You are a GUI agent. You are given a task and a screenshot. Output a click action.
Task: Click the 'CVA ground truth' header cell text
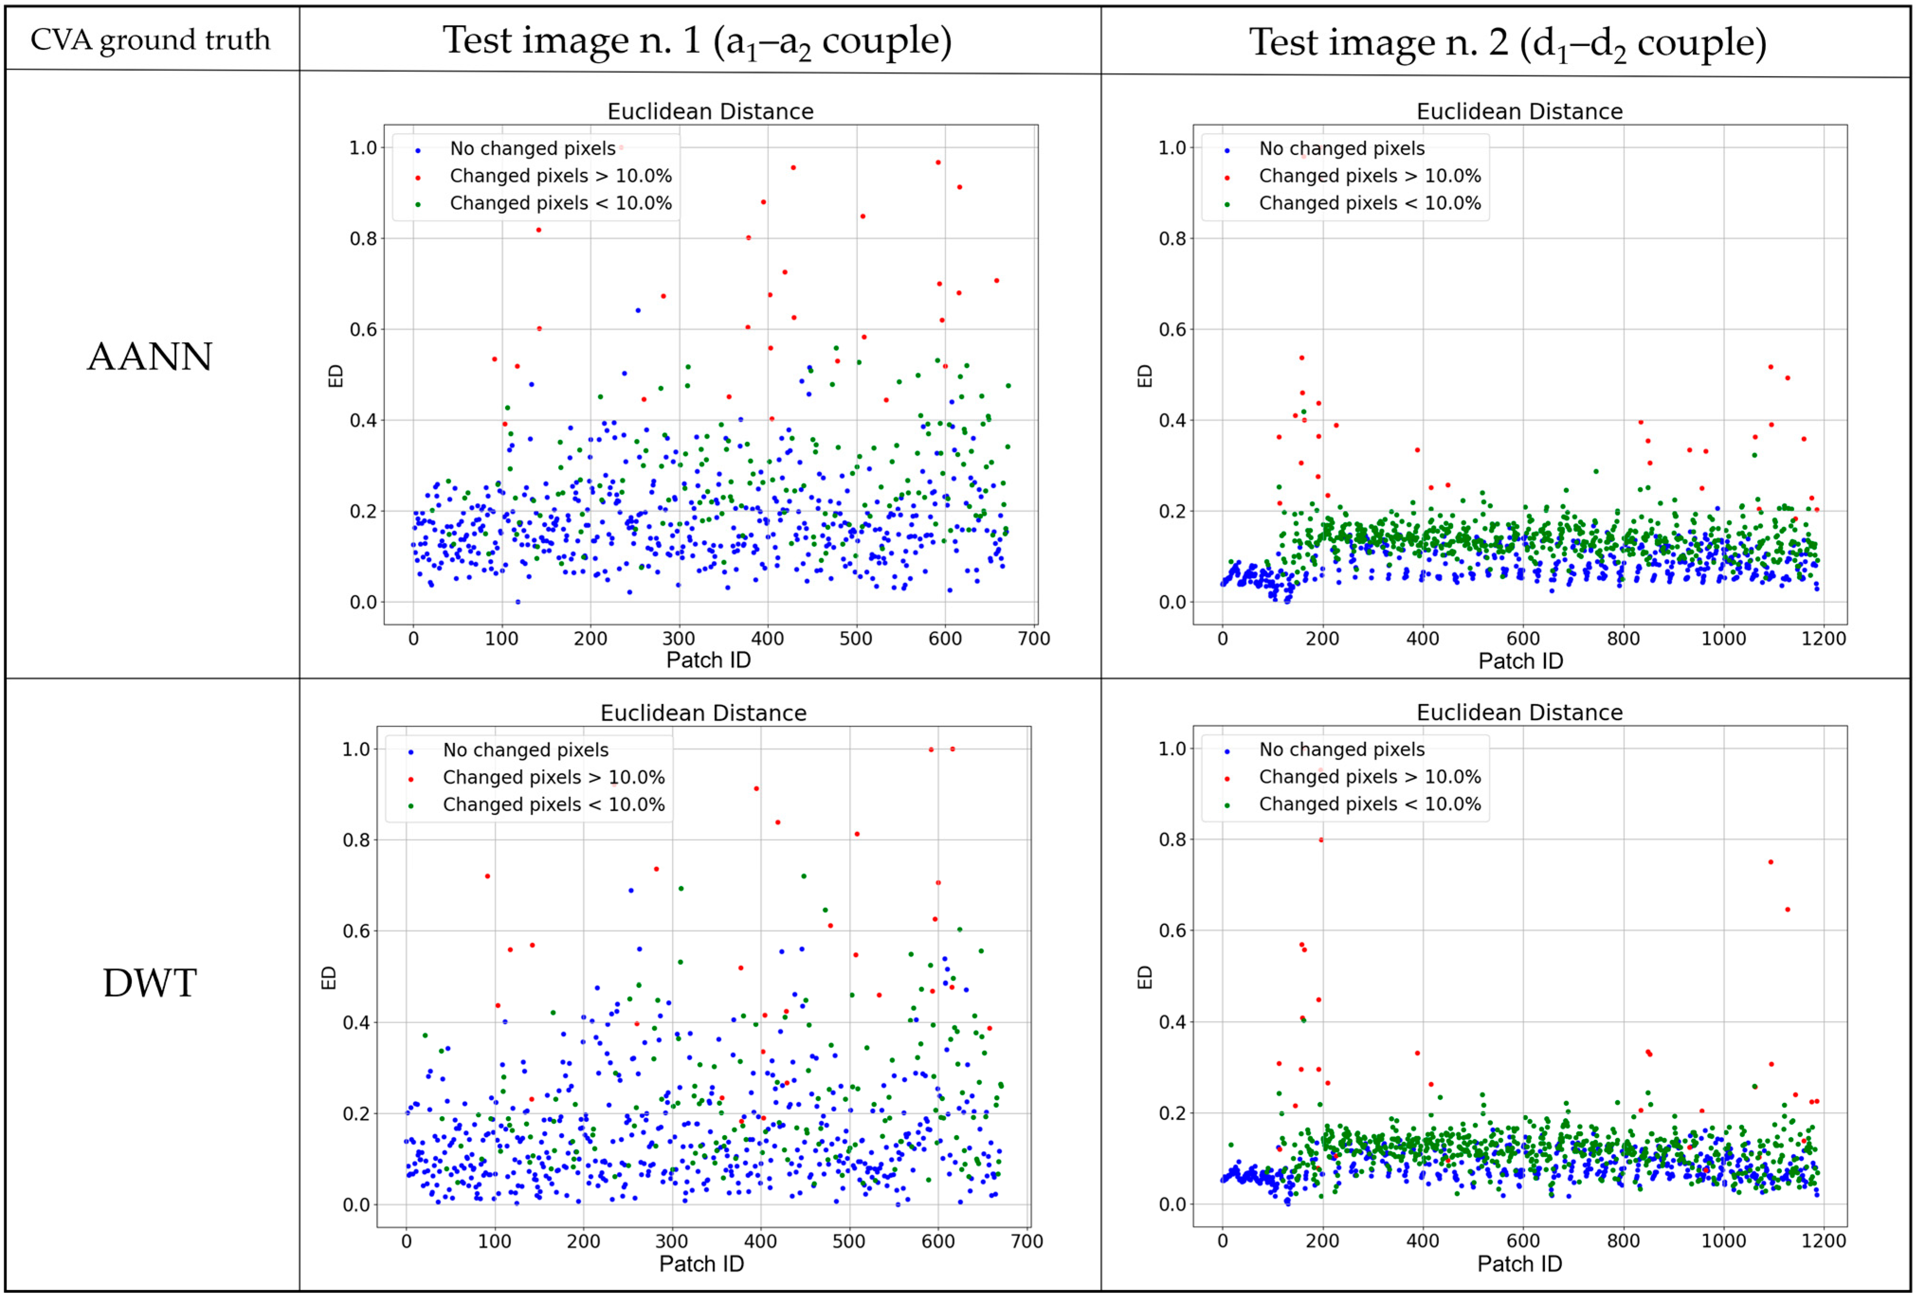tap(150, 40)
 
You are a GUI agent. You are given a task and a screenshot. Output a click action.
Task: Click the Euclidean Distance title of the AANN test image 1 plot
tap(710, 111)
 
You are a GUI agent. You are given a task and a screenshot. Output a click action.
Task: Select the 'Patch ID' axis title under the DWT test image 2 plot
tap(1519, 1264)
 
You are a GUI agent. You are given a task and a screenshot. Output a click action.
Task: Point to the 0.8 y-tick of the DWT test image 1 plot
tap(356, 840)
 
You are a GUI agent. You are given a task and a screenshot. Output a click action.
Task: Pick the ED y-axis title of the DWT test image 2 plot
tap(1144, 978)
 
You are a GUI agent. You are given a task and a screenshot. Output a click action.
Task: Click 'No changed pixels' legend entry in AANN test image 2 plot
tap(1341, 148)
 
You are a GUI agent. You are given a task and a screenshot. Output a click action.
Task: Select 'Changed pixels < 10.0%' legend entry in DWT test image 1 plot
tap(553, 804)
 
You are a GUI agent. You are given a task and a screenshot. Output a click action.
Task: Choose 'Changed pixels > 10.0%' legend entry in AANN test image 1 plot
tap(560, 176)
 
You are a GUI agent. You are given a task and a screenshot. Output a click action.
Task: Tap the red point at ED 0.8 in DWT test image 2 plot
tap(1321, 840)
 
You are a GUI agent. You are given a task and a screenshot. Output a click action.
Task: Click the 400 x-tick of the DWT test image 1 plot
tap(760, 1241)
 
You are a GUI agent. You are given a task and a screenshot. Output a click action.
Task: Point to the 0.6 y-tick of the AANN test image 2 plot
tap(1172, 330)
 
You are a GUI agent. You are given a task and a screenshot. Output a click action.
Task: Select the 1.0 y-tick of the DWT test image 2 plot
tap(1172, 749)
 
